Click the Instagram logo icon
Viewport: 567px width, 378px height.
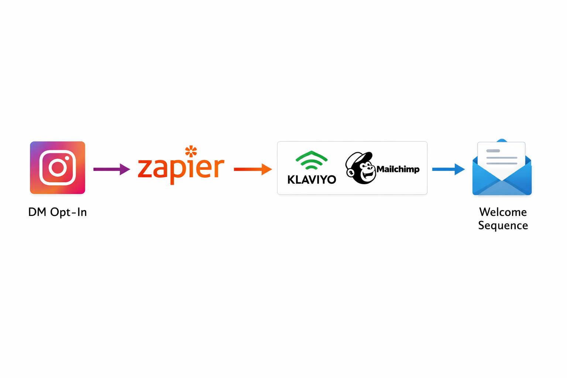pyautogui.click(x=58, y=168)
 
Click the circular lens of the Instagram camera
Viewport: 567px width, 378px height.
pyautogui.click(x=58, y=168)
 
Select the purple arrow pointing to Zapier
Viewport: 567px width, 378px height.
pyautogui.click(x=111, y=169)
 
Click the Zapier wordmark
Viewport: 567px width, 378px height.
pyautogui.click(x=181, y=168)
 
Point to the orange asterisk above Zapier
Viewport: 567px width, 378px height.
pyautogui.click(x=191, y=151)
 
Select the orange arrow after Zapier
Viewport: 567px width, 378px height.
pyautogui.click(x=253, y=169)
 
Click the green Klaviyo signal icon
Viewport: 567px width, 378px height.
pyautogui.click(x=312, y=161)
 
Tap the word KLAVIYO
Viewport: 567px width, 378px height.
pyautogui.click(x=312, y=179)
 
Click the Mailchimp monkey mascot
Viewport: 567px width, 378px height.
pyautogui.click(x=360, y=168)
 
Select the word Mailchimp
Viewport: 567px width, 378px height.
pyautogui.click(x=398, y=169)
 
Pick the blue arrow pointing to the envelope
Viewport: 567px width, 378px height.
pyautogui.click(x=448, y=169)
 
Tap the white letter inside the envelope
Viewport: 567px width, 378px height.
pyautogui.click(x=501, y=157)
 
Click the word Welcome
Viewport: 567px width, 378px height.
pyautogui.click(x=503, y=212)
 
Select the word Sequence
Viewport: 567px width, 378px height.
pyautogui.click(x=503, y=225)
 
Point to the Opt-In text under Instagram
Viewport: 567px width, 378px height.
pyautogui.click(x=68, y=212)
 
